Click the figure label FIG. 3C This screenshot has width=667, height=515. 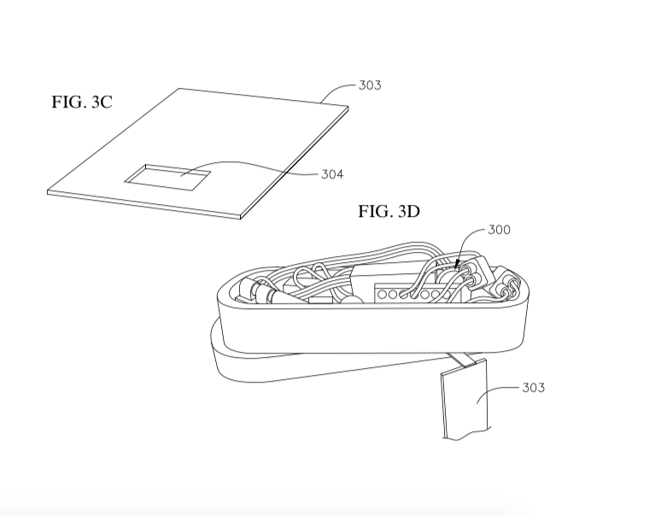click(x=82, y=102)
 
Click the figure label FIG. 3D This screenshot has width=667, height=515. click(x=389, y=211)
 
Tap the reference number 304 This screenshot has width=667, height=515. click(x=332, y=174)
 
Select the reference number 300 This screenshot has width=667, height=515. click(x=499, y=230)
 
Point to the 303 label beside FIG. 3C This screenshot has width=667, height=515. click(x=370, y=85)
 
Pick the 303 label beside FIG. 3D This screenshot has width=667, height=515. click(x=534, y=388)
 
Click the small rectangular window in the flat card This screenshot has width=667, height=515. click(x=167, y=178)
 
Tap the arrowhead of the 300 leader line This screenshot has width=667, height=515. click(x=458, y=266)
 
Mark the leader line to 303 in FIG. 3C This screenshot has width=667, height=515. click(x=336, y=90)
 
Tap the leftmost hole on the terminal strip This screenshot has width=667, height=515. click(x=382, y=294)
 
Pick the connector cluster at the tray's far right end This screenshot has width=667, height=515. click(x=506, y=284)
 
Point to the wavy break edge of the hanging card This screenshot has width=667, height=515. click(x=465, y=435)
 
